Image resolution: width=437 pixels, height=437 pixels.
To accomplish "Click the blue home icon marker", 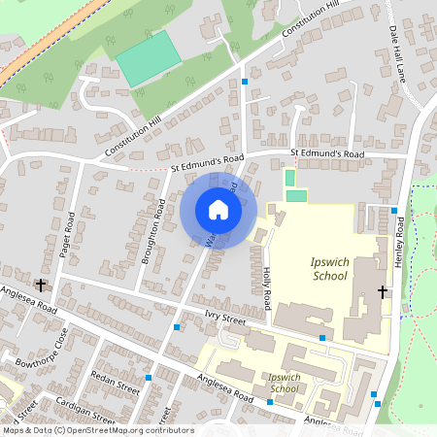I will point(218,210).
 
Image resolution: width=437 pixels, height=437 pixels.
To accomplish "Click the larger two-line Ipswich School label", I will point(327,269).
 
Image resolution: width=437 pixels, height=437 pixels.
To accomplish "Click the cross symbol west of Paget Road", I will point(41,285).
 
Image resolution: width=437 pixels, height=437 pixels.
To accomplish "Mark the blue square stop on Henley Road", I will point(394,210).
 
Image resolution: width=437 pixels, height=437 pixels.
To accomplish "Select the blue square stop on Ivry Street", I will point(321,337).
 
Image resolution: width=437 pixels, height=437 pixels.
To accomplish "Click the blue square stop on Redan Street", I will point(149,377).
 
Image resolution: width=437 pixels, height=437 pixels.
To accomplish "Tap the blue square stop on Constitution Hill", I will point(244,82).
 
